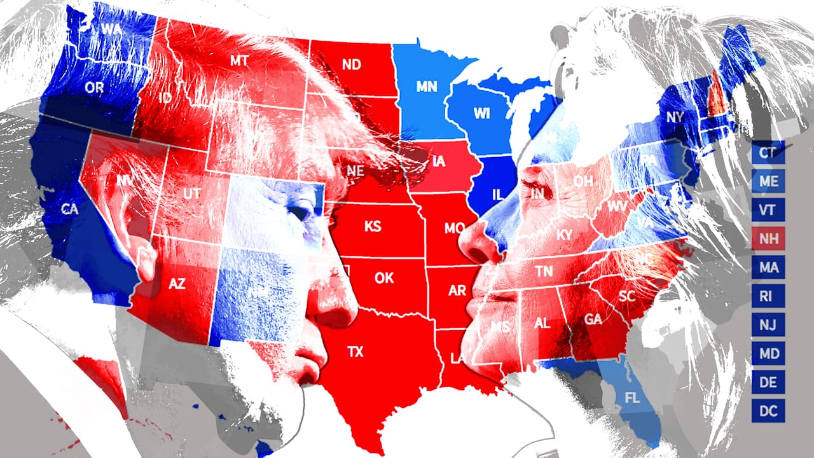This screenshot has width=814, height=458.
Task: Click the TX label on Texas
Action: point(355,352)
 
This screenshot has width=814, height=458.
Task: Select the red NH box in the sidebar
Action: point(768,238)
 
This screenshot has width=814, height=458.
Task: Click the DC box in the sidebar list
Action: point(768,410)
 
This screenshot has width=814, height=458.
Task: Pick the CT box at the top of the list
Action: point(768,153)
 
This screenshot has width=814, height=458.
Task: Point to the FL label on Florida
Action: point(632,399)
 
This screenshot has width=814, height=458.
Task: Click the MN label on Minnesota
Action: point(426,87)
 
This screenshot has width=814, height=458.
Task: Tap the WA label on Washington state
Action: point(111,29)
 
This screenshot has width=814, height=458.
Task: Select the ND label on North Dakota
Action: point(351,64)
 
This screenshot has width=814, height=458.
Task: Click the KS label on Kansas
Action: point(373,226)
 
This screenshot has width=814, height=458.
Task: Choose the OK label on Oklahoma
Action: point(384,278)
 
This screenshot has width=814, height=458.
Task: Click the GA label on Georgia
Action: point(593,319)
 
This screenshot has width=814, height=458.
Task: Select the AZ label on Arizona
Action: point(176,284)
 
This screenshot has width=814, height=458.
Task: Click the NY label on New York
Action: point(674,117)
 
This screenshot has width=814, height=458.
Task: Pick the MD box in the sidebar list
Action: point(768,353)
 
